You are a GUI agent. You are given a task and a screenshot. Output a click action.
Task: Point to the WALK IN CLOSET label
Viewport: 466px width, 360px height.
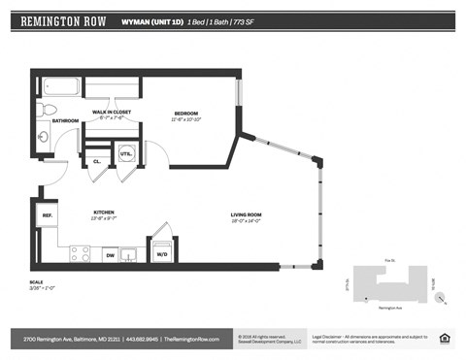pyautogui.click(x=112, y=113)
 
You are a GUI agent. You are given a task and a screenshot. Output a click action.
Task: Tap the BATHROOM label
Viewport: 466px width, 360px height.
pyautogui.click(x=65, y=121)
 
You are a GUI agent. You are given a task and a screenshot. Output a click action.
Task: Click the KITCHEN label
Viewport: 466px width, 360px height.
pyautogui.click(x=105, y=212)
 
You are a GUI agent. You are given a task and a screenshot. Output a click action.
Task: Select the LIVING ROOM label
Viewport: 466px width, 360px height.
pyautogui.click(x=248, y=214)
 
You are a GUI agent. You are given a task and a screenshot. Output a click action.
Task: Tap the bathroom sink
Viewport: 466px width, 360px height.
pyautogui.click(x=43, y=137)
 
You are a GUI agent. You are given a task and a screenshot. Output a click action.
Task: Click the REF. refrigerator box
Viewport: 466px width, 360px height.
pyautogui.click(x=46, y=215)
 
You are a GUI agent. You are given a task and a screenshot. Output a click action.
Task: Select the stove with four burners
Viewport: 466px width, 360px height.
pyautogui.click(x=80, y=254)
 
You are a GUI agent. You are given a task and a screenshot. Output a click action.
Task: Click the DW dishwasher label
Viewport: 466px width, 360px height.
pyautogui.click(x=110, y=254)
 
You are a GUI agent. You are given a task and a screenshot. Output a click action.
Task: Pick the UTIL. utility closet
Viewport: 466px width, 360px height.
pyautogui.click(x=125, y=153)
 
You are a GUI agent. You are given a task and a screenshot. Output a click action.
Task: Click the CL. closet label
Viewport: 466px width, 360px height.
pyautogui.click(x=97, y=161)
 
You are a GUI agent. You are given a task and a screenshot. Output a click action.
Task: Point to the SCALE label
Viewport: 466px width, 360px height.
pyautogui.click(x=36, y=282)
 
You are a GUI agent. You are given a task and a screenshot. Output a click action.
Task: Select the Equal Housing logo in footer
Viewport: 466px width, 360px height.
pyautogui.click(x=445, y=338)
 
